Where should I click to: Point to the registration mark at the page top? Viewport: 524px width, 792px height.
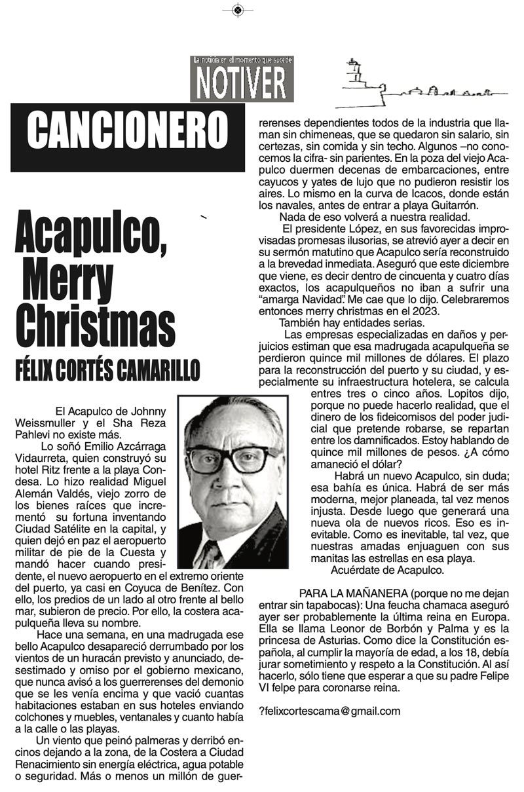click(238, 9)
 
